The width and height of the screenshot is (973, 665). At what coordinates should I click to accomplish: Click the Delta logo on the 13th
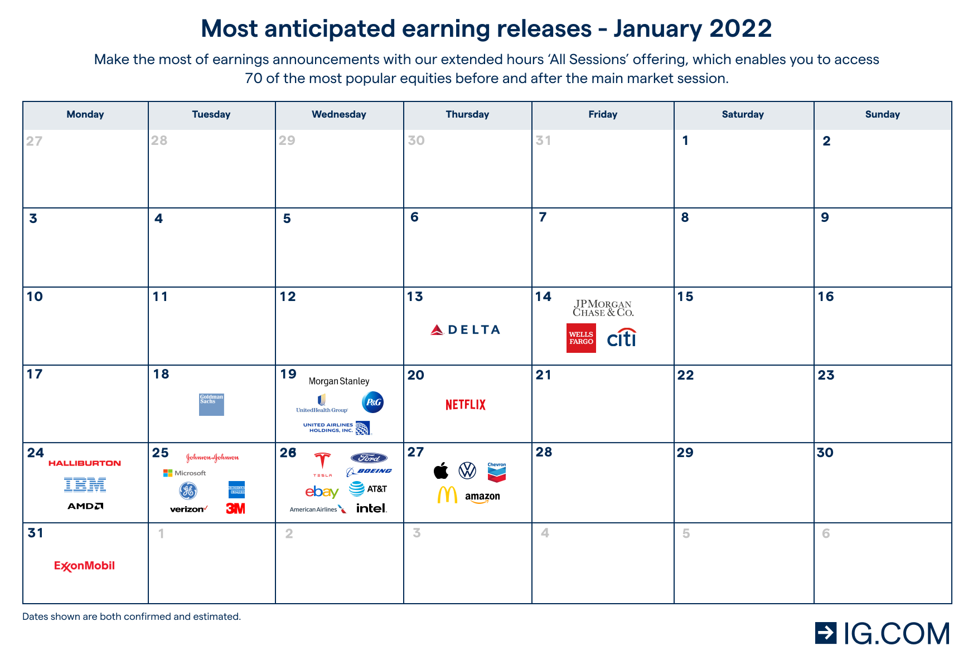(x=466, y=330)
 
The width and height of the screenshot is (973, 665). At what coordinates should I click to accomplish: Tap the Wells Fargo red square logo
(x=581, y=338)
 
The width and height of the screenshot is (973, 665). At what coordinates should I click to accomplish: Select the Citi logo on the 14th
(x=622, y=338)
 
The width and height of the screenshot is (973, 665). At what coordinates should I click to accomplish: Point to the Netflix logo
(x=466, y=405)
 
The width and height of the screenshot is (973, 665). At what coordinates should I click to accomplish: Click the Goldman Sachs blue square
(x=211, y=405)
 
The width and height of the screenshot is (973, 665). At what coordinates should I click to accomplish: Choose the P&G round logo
(x=372, y=402)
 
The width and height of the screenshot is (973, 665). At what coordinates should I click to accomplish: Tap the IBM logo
(x=85, y=485)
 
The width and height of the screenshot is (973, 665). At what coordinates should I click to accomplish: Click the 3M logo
(x=235, y=508)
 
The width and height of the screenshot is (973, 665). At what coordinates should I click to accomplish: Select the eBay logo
(x=322, y=492)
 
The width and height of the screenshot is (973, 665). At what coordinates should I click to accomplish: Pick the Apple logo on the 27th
(x=441, y=471)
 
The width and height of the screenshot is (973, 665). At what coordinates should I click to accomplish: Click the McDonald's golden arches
(x=447, y=494)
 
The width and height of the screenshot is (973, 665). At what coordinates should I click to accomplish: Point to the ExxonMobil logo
(x=84, y=566)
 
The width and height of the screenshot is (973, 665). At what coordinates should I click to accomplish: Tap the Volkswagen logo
(x=467, y=471)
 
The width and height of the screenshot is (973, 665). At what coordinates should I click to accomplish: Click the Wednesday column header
(x=339, y=114)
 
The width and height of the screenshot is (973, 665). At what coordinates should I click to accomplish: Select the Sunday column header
(x=882, y=114)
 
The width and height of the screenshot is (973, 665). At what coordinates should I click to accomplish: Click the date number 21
(x=544, y=375)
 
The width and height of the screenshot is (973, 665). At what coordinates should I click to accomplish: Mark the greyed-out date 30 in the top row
(x=417, y=140)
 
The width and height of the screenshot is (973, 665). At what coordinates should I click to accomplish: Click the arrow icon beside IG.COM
(x=826, y=633)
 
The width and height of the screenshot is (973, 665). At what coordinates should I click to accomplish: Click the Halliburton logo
(x=85, y=463)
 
